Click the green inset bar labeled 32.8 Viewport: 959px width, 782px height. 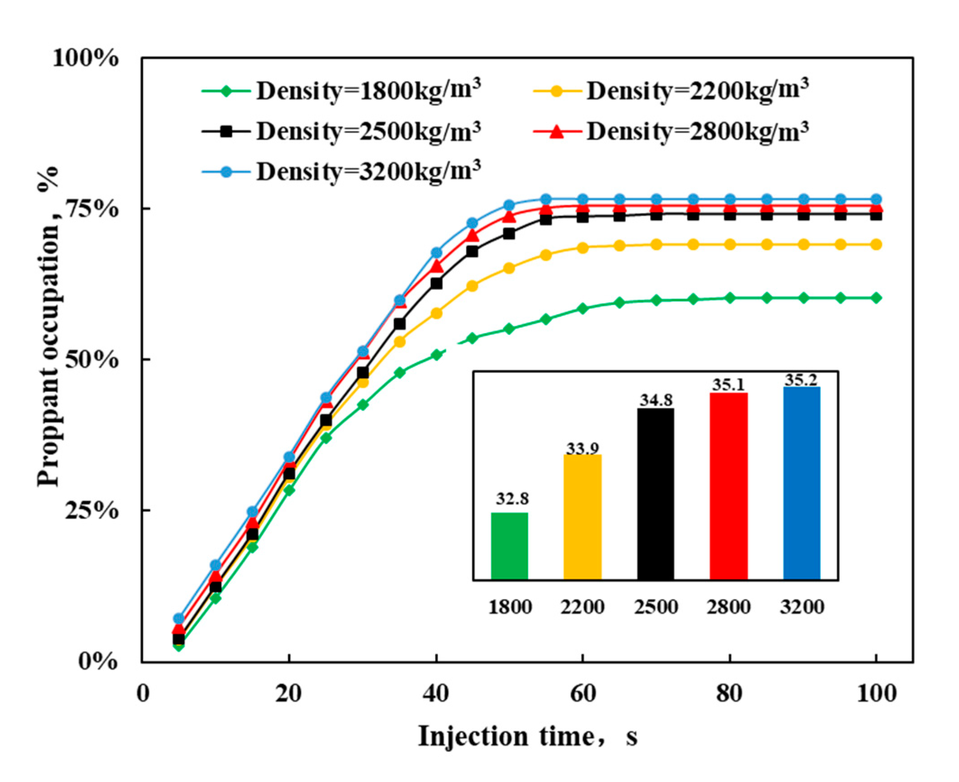(509, 546)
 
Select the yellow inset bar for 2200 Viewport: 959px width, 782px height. (582, 517)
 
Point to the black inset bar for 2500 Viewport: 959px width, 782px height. (655, 494)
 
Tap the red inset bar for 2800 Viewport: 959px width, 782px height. (728, 486)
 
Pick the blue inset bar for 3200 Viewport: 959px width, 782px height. (802, 483)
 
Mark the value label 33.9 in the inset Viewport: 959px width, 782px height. (582, 449)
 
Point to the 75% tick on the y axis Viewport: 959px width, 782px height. (92, 209)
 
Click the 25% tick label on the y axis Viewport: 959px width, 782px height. (92, 510)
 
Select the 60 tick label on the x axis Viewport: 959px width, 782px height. (583, 693)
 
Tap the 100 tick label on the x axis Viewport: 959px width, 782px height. (876, 693)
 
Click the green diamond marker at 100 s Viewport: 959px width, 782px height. (876, 298)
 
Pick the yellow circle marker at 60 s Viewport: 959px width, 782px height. (583, 248)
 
